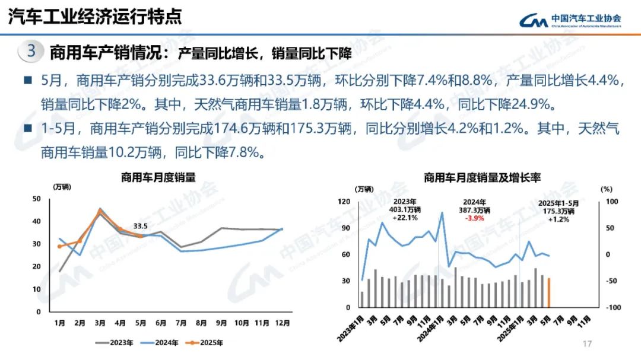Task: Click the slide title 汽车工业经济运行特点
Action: tap(95, 16)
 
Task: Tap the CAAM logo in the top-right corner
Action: tap(570, 20)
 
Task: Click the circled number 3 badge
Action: tap(32, 51)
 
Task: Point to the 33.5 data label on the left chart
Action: tap(140, 226)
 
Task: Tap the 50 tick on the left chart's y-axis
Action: tap(37, 199)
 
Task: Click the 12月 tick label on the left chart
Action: tap(282, 323)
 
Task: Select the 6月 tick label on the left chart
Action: tap(160, 323)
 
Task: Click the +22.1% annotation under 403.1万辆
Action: tap(405, 218)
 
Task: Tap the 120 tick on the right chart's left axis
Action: tap(345, 202)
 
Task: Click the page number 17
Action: tap(588, 344)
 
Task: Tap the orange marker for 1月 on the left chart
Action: tap(59, 246)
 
